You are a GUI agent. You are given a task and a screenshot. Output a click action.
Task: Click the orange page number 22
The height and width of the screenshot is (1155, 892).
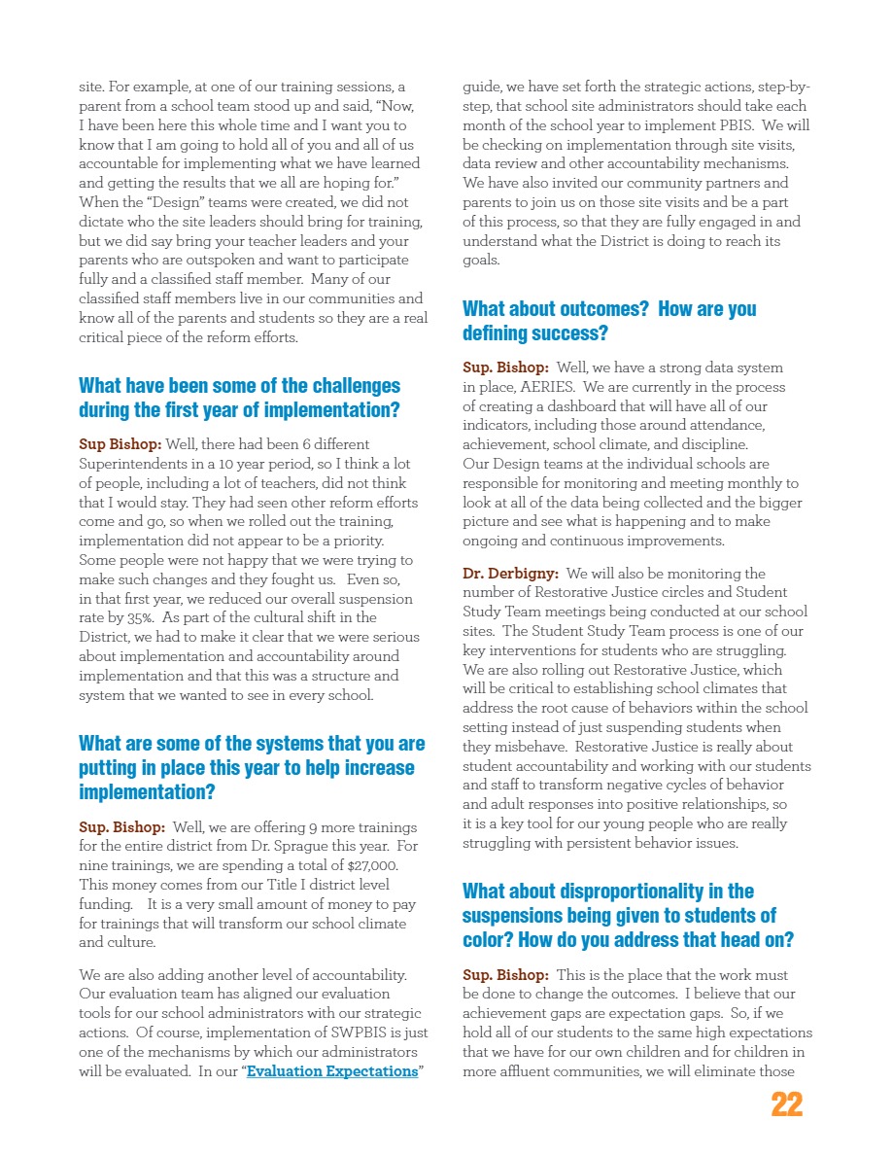point(786,1104)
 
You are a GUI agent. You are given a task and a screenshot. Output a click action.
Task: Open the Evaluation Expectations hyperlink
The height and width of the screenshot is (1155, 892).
point(332,1072)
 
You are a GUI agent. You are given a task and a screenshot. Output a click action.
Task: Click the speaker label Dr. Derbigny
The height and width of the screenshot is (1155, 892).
point(509,574)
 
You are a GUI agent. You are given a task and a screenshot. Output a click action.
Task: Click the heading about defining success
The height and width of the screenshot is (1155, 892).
point(608,321)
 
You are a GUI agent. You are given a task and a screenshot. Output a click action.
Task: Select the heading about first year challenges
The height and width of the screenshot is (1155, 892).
point(239,398)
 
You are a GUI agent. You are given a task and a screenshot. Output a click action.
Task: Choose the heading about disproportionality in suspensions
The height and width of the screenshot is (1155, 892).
point(628,916)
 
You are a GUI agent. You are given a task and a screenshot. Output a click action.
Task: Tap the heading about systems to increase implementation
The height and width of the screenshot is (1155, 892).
point(252,768)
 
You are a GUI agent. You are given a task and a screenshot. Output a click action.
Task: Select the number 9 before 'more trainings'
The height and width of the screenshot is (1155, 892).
point(312,826)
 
